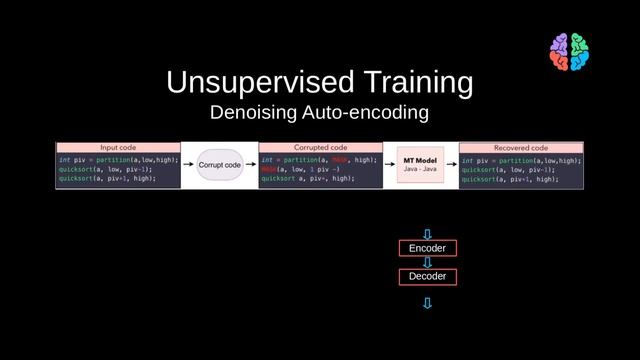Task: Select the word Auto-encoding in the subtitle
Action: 370,113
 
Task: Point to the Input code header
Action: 118,147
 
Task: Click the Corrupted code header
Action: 320,147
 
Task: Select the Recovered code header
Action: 520,147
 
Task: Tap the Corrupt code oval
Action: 219,164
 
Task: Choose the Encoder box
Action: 427,248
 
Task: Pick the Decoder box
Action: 427,276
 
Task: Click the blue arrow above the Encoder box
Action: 427,234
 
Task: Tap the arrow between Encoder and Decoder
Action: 427,262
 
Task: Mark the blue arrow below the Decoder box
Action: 427,302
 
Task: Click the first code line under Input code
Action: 118,159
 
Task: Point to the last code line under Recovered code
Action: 509,181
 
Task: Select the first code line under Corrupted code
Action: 318,159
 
